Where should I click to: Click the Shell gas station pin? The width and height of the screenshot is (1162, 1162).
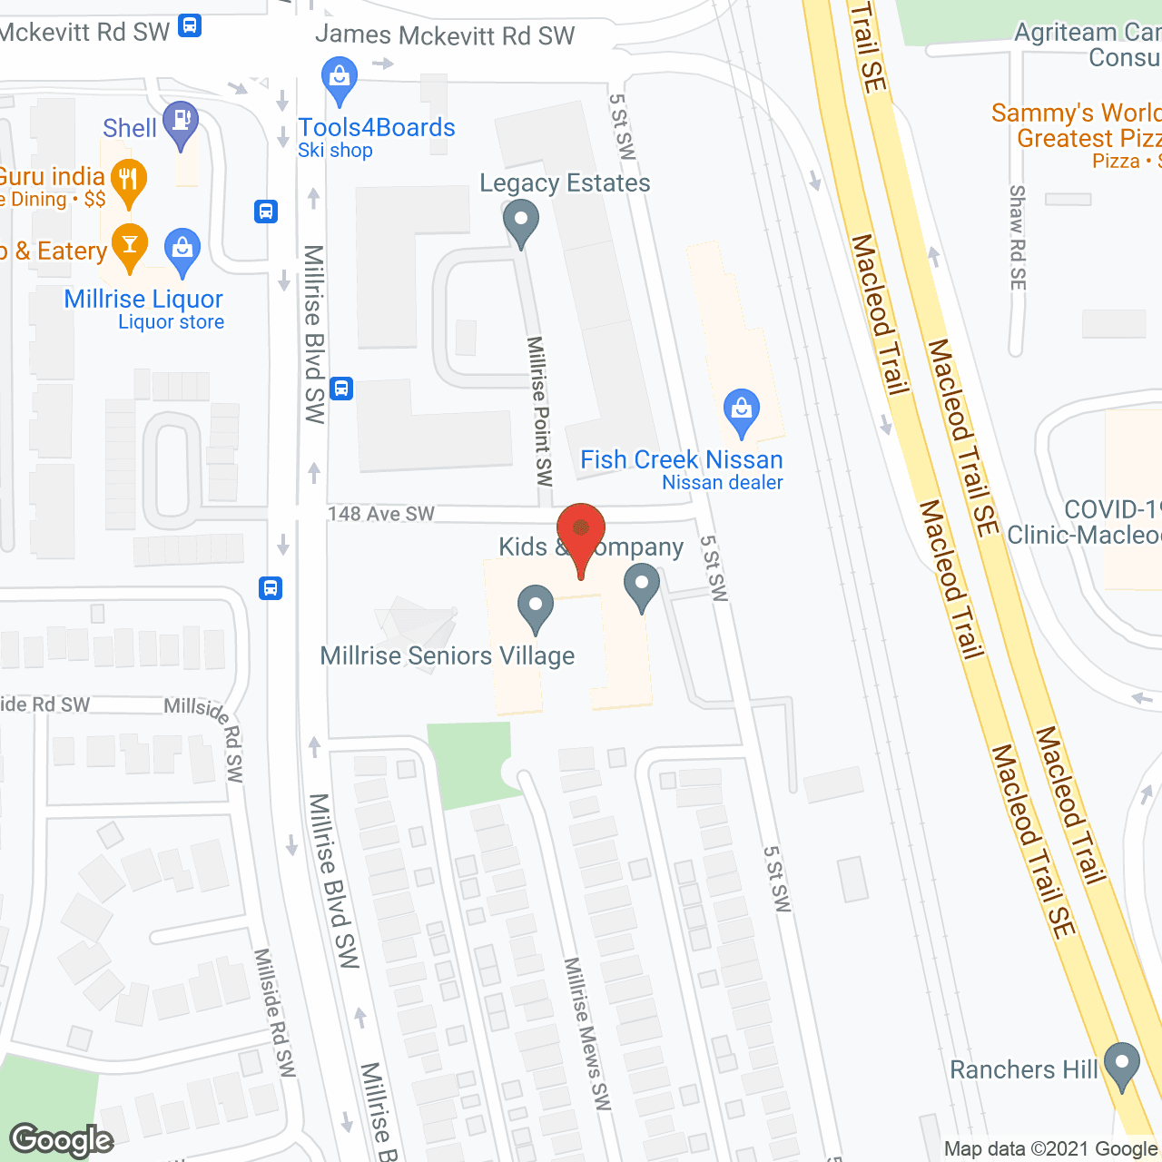(181, 122)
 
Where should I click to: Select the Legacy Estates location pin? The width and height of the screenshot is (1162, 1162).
(521, 221)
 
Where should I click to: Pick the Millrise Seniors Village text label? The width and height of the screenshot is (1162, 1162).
(448, 655)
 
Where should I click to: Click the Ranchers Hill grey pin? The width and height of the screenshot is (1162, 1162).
(1122, 1065)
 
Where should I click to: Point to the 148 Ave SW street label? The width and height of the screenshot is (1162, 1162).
(381, 514)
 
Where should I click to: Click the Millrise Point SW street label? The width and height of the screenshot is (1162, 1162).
(540, 411)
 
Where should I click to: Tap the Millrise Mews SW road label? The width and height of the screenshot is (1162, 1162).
(587, 1033)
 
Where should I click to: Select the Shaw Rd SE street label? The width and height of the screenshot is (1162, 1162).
(1018, 238)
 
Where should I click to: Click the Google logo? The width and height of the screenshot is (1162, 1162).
(62, 1139)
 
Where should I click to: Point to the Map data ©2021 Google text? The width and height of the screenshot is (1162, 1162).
(1050, 1149)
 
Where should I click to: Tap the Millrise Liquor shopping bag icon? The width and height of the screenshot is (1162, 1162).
(182, 249)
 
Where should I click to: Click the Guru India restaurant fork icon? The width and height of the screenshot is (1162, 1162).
(129, 180)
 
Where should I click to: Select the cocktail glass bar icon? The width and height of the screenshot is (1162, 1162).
(130, 245)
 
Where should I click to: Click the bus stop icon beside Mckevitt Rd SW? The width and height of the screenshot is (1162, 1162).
(190, 25)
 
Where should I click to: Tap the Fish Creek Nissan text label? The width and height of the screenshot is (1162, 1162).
(681, 459)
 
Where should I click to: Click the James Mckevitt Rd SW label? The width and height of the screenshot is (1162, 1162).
(445, 35)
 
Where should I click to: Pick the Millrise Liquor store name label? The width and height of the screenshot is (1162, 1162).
(143, 299)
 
